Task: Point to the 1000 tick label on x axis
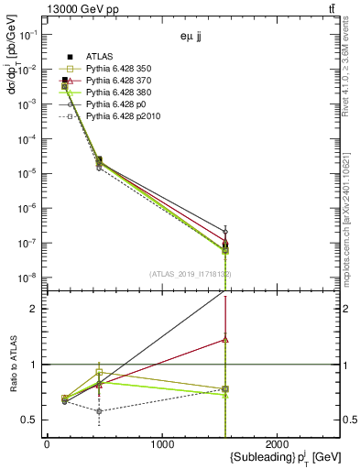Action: coord(162,443)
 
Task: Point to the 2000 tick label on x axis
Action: coord(279,443)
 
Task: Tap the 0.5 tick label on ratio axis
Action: coord(28,420)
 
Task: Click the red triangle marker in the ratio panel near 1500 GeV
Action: coord(225,339)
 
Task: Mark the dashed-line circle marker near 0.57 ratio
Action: coord(99,411)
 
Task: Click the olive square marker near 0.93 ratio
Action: coord(99,372)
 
